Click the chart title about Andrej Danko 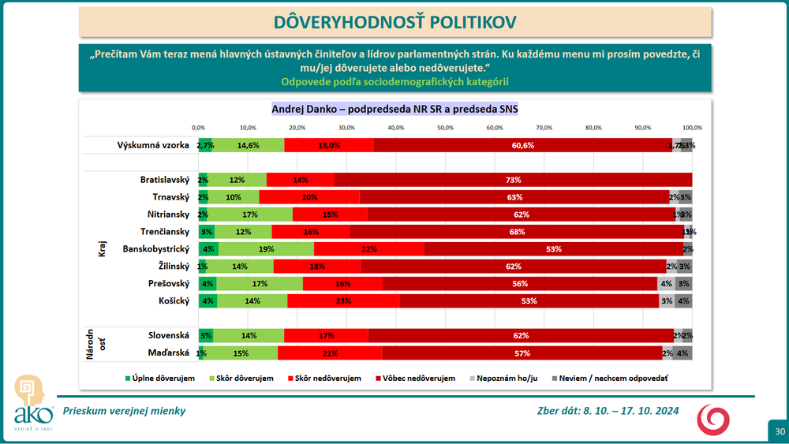click(x=394, y=109)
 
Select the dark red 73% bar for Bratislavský click(x=513, y=180)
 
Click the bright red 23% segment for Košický click(x=343, y=300)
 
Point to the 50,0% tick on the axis click(x=445, y=128)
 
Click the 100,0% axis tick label click(x=692, y=128)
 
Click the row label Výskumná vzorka click(x=154, y=145)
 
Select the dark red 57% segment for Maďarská click(x=522, y=353)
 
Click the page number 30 click(x=779, y=431)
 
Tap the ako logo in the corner click(x=32, y=403)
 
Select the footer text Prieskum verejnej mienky click(x=125, y=411)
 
